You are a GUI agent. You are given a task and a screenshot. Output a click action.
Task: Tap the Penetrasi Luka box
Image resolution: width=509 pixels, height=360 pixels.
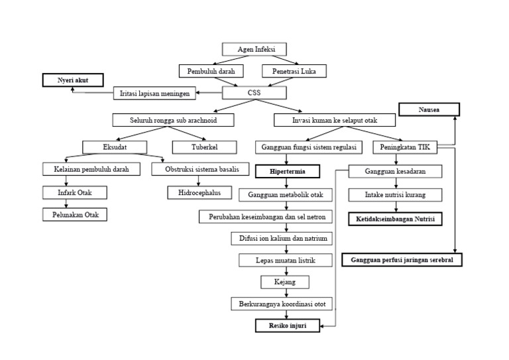(290, 70)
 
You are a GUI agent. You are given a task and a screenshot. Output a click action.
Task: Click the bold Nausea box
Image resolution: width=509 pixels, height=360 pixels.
(428, 110)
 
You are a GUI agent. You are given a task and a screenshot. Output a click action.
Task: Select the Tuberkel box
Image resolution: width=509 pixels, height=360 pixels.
(204, 147)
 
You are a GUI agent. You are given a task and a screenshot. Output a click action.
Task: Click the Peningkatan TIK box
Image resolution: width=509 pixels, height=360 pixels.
(406, 147)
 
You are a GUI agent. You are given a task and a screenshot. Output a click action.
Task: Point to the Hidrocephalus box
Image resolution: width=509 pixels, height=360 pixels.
(195, 193)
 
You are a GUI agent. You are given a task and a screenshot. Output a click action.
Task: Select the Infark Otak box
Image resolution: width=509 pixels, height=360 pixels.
(74, 192)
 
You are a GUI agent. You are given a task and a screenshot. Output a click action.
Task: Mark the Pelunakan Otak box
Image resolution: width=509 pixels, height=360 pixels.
(74, 214)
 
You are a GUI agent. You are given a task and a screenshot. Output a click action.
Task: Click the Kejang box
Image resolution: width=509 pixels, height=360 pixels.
(285, 282)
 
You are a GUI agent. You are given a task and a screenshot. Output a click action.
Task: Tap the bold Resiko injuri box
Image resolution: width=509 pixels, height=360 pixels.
(287, 325)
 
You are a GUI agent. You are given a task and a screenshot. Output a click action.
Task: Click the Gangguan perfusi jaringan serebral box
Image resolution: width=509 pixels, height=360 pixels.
(402, 259)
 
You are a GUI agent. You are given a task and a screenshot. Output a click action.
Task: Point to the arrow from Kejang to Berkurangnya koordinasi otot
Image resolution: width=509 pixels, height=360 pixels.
(285, 293)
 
